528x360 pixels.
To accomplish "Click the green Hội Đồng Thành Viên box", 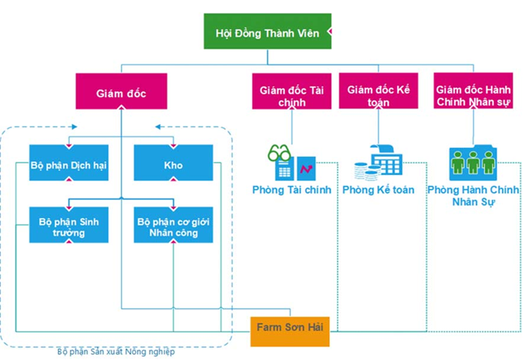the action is (267, 32).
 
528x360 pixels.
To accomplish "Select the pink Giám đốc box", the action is (121, 91).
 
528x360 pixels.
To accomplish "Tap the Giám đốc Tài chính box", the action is (291, 91).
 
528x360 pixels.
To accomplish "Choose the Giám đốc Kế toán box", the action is (378, 91).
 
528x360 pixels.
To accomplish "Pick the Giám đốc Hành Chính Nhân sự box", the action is (473, 91).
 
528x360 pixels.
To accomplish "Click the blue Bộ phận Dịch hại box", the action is (69, 163).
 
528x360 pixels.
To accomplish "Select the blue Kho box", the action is (173, 163).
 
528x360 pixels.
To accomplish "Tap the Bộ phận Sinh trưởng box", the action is (69, 225).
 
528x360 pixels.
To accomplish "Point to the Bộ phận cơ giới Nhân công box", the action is (173, 225).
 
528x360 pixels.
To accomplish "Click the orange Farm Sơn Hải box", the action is (290, 331).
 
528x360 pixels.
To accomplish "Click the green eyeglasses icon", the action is (279, 153).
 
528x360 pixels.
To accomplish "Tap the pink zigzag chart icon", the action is (307, 169).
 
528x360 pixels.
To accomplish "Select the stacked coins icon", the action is (366, 170).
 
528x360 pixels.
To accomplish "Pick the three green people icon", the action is (473, 163).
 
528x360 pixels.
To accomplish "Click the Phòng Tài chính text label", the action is (291, 190).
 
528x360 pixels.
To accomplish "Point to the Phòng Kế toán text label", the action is (378, 190).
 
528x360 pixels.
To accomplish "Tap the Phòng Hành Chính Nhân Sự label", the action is (473, 196).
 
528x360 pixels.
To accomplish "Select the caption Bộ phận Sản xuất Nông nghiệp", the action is (116, 352).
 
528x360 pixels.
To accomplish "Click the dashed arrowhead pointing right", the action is (75, 127).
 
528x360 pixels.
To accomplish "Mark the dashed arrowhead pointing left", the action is (158, 127).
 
